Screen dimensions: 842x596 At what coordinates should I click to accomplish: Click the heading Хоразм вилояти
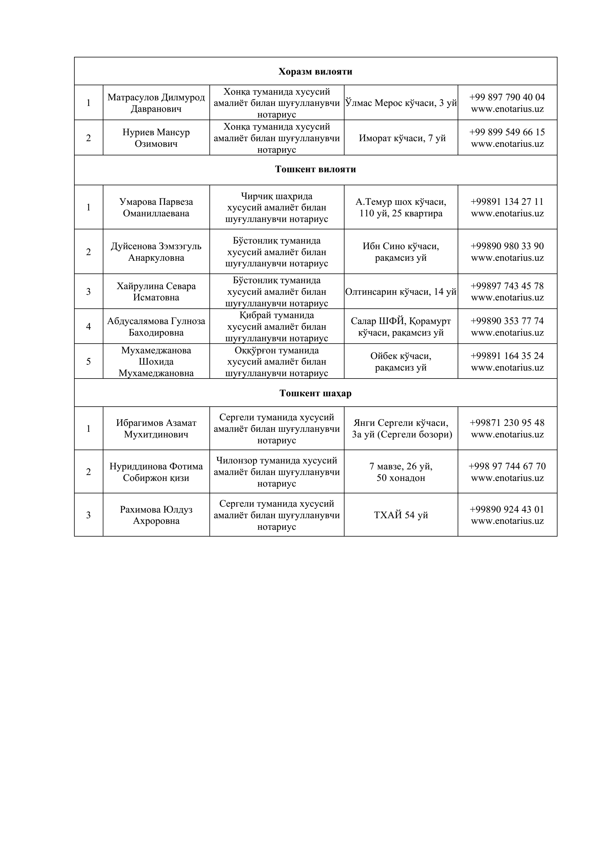pos(315,72)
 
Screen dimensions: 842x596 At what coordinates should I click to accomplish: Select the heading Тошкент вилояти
pos(315,169)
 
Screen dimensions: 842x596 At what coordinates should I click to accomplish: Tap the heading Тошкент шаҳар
pos(315,394)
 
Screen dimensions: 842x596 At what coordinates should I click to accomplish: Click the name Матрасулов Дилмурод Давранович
pos(156,103)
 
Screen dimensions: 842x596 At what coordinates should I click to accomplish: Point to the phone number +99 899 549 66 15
pos(507,132)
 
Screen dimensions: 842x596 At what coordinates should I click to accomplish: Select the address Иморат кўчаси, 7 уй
pos(402,138)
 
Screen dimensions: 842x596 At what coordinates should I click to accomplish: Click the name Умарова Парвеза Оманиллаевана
pos(156,207)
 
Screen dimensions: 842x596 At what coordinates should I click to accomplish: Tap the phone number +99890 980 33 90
pos(507,246)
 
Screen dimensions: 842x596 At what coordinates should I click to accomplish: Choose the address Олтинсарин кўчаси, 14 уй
pos(401,292)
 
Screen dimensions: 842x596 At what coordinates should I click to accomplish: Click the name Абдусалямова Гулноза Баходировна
pos(156,327)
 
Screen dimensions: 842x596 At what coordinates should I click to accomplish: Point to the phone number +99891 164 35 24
pos(507,356)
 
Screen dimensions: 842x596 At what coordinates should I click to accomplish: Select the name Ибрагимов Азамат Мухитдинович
pos(156,429)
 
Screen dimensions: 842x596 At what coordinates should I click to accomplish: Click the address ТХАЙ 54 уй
pos(401,515)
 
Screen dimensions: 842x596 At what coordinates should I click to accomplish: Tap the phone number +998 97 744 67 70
pos(507,466)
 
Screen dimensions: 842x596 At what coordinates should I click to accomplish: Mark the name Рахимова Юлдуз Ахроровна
pos(156,515)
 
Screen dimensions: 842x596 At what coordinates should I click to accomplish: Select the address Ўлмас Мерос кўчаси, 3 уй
pos(401,103)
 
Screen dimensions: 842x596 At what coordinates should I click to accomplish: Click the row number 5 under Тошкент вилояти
pos(89,362)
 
